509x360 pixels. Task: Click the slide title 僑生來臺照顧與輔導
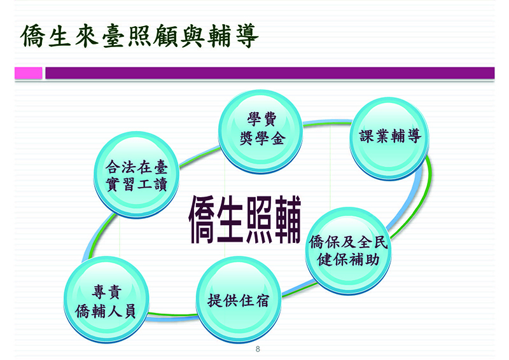click(x=139, y=36)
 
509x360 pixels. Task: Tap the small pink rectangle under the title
click(x=28, y=73)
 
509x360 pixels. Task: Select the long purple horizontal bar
click(x=270, y=73)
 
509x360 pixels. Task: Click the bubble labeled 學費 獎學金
click(x=261, y=132)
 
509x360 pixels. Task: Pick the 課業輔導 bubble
click(x=389, y=138)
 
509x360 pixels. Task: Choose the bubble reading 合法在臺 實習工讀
click(x=136, y=175)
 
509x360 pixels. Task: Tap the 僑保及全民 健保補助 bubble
click(x=348, y=251)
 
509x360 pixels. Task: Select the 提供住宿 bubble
click(x=238, y=300)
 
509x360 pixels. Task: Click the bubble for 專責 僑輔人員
click(x=106, y=300)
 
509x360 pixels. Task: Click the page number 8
click(x=258, y=349)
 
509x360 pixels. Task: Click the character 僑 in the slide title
click(x=33, y=36)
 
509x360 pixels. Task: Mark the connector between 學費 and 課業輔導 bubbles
click(x=326, y=123)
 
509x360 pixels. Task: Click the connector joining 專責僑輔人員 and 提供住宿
click(x=172, y=315)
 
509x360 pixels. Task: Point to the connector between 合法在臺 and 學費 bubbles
click(x=199, y=157)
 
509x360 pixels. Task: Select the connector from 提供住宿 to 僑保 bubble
click(x=298, y=289)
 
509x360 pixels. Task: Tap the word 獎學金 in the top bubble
click(x=262, y=139)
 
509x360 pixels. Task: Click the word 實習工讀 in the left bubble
click(x=136, y=184)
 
